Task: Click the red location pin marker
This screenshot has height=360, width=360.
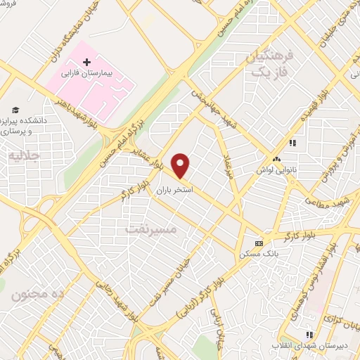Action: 181,165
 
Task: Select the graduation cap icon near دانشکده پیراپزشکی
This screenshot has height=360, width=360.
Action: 15,110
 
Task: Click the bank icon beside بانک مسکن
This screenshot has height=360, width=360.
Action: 259,243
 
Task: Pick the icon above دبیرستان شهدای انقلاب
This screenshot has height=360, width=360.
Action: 307,335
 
